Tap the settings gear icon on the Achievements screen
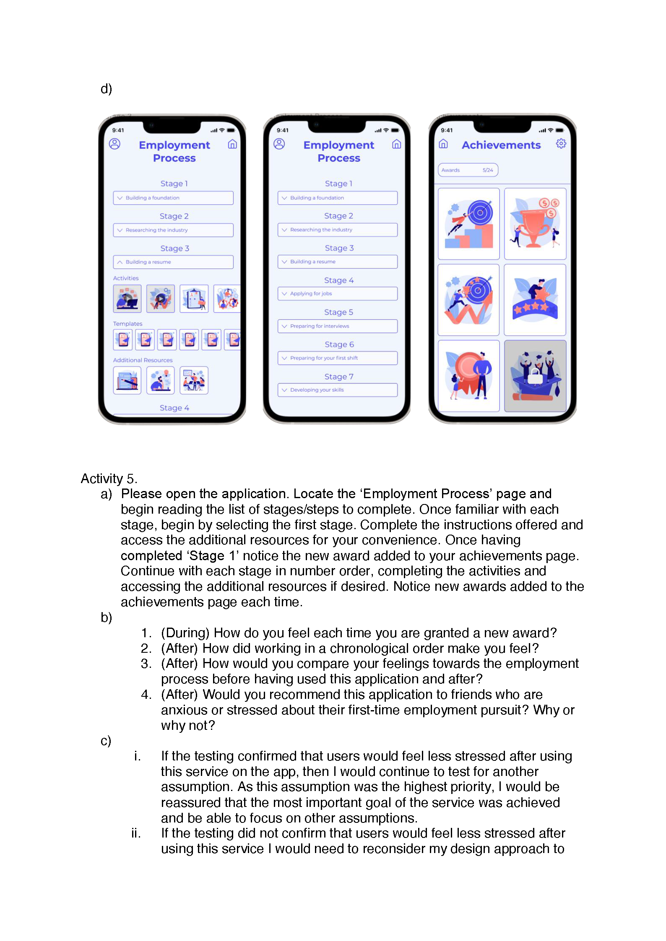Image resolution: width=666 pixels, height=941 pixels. point(561,144)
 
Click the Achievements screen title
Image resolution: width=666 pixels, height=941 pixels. point(501,145)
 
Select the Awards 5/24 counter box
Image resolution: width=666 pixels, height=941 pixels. point(468,170)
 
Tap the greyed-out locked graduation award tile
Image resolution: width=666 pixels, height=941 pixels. point(535,375)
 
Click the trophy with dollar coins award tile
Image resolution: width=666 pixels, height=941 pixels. point(535,224)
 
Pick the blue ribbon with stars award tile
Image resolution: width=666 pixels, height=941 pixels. point(535,300)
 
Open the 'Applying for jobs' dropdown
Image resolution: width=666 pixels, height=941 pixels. point(337,294)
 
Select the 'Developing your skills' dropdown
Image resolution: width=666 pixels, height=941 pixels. point(337,390)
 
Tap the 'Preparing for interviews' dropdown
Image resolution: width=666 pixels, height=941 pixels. point(337,326)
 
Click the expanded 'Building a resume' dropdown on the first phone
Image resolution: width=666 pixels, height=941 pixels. point(173,262)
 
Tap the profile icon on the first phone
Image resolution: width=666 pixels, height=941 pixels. point(114,144)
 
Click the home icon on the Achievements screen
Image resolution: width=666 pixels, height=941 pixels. point(443,144)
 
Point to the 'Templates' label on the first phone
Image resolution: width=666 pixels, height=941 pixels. point(127,324)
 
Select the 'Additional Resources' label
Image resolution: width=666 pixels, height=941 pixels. point(143,360)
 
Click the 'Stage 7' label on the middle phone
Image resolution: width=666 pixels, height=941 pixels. point(338,377)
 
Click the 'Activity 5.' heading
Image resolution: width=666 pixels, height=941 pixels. point(109,478)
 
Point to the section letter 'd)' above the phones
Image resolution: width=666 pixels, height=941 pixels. point(106,89)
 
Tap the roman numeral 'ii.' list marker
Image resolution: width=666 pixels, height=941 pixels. point(135,833)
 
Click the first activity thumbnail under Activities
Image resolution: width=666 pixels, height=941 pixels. point(127,298)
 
